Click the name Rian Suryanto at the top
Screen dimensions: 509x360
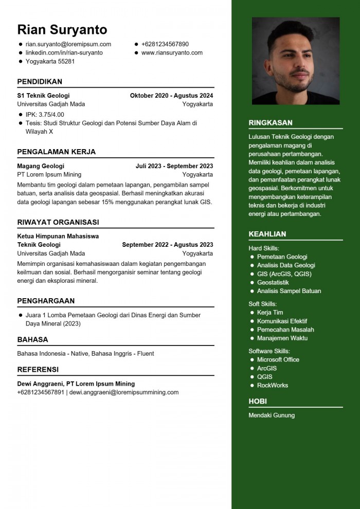point(62,29)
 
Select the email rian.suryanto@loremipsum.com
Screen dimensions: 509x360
point(68,44)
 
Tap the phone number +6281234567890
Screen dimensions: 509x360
point(165,44)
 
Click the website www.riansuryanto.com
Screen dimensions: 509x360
point(172,52)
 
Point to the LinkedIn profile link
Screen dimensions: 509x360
point(64,52)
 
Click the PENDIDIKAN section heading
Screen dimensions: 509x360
point(40,81)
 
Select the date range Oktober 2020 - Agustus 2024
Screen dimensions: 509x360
point(171,95)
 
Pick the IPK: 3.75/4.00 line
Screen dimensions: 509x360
point(45,114)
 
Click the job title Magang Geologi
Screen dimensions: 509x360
point(41,166)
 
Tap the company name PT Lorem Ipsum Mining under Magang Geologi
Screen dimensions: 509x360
point(49,174)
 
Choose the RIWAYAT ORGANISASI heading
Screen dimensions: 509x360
point(58,222)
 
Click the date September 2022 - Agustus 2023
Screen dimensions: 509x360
point(167,245)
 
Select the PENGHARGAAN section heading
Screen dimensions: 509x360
point(46,301)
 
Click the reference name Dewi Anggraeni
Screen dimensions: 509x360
point(40,384)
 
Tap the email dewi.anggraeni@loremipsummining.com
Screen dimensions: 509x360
point(124,392)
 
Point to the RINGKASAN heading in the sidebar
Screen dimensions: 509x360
point(271,123)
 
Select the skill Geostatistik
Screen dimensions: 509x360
point(273,282)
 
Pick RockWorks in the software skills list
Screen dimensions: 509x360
point(273,385)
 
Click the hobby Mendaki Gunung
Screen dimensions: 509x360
point(272,415)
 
